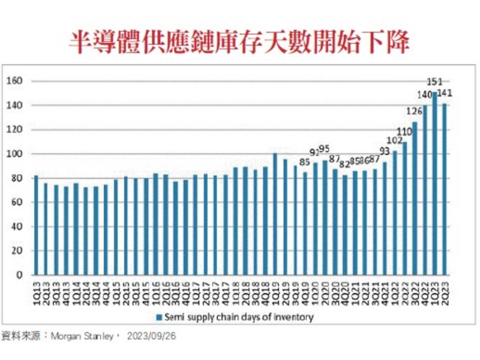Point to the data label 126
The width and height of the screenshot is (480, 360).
coord(414,110)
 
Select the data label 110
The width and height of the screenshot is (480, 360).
coord(404,131)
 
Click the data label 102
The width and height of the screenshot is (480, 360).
coord(394,141)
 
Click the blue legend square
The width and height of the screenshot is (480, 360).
coord(159,316)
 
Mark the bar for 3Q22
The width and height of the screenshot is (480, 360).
coord(415,199)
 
